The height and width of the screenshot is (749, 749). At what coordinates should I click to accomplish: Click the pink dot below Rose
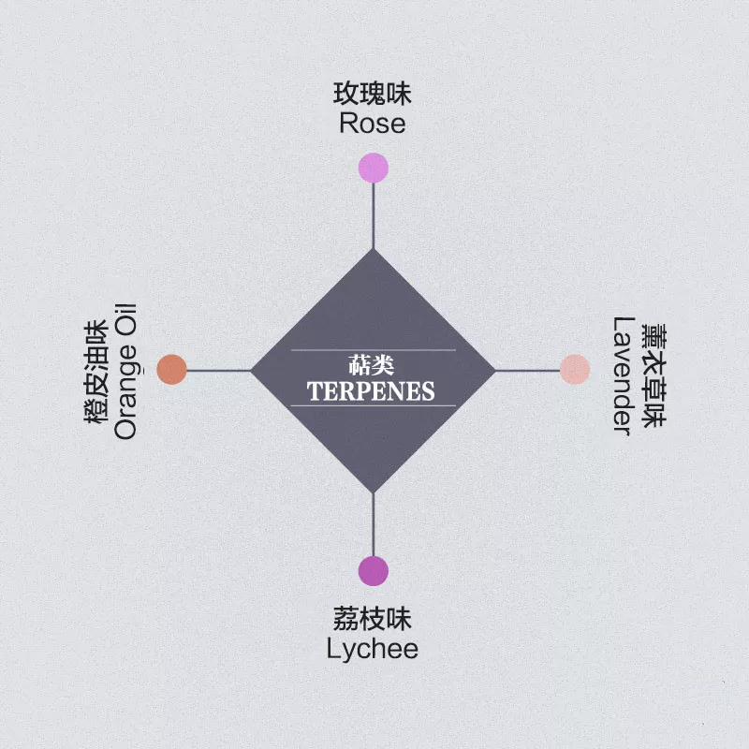373,168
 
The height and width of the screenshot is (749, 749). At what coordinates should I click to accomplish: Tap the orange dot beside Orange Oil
172,369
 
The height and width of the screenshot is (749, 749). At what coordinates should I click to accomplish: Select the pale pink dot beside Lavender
575,369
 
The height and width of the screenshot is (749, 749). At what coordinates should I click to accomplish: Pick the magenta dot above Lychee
373,571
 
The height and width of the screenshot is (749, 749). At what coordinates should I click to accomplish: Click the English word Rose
373,124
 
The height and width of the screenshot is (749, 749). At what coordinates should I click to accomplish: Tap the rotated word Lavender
624,376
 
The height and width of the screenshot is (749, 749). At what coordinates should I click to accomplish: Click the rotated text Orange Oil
125,371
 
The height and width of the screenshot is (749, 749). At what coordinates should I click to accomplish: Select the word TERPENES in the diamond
371,391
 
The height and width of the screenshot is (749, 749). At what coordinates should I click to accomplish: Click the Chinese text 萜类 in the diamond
371,365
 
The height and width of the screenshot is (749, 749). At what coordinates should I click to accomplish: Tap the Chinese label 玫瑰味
372,94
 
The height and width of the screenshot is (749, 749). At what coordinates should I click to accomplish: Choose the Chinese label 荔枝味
372,619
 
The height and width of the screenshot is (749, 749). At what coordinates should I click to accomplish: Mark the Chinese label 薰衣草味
654,376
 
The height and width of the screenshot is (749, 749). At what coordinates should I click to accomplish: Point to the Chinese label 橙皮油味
96,372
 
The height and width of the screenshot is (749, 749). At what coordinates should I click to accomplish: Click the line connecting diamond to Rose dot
373,216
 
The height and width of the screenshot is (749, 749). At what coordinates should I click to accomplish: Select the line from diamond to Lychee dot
373,524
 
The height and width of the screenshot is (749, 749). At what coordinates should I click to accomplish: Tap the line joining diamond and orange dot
219,370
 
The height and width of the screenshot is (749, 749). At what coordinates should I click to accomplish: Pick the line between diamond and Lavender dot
528,370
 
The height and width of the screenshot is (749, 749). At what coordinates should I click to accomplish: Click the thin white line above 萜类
373,350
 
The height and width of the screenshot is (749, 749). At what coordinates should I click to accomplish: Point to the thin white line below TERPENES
373,405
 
